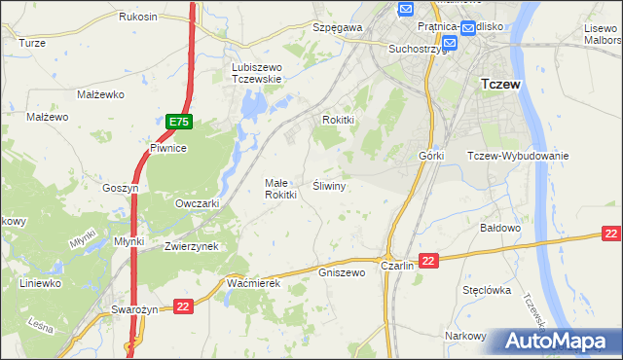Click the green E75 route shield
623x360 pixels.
click(178, 122)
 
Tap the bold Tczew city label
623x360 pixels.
click(501, 85)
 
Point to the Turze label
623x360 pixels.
click(32, 44)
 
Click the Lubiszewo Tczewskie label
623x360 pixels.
click(256, 73)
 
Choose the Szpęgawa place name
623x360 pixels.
click(337, 28)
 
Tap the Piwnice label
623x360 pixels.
click(167, 149)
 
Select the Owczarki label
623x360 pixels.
click(197, 203)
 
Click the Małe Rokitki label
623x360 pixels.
click(280, 188)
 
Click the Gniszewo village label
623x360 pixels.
click(341, 272)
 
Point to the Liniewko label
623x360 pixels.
click(40, 283)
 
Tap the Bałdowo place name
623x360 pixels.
click(501, 228)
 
